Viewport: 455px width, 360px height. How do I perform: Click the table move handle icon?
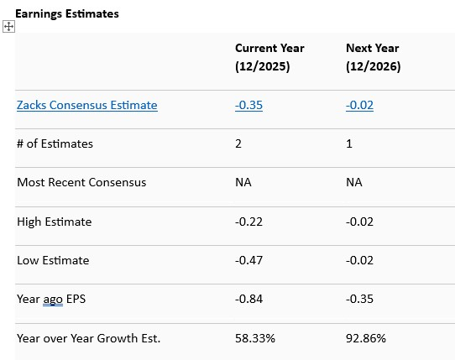click(9, 27)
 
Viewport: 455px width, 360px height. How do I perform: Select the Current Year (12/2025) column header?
click(269, 57)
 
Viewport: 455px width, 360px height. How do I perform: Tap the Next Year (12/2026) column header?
click(374, 57)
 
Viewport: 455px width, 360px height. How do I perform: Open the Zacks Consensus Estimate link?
click(86, 105)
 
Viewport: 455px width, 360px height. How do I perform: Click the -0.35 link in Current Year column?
click(249, 105)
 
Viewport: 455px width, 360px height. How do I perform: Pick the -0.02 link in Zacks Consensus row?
click(360, 105)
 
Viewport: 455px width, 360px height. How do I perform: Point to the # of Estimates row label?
click(55, 143)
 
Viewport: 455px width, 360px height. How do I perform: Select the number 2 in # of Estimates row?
click(238, 143)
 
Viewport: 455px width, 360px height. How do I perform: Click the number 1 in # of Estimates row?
click(349, 143)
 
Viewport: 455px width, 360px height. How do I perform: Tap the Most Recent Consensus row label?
click(81, 182)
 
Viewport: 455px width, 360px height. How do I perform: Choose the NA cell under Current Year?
click(243, 182)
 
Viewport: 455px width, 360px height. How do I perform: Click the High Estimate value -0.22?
click(248, 222)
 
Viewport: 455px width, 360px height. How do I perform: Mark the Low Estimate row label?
click(54, 260)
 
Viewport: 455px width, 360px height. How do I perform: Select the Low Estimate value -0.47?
click(248, 260)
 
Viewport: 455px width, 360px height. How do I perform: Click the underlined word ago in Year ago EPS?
click(53, 300)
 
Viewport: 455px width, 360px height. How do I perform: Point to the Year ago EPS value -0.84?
click(248, 299)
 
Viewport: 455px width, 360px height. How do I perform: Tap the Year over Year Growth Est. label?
click(88, 338)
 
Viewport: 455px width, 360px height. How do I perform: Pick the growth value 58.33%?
click(255, 338)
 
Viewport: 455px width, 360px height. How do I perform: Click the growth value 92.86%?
click(366, 338)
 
